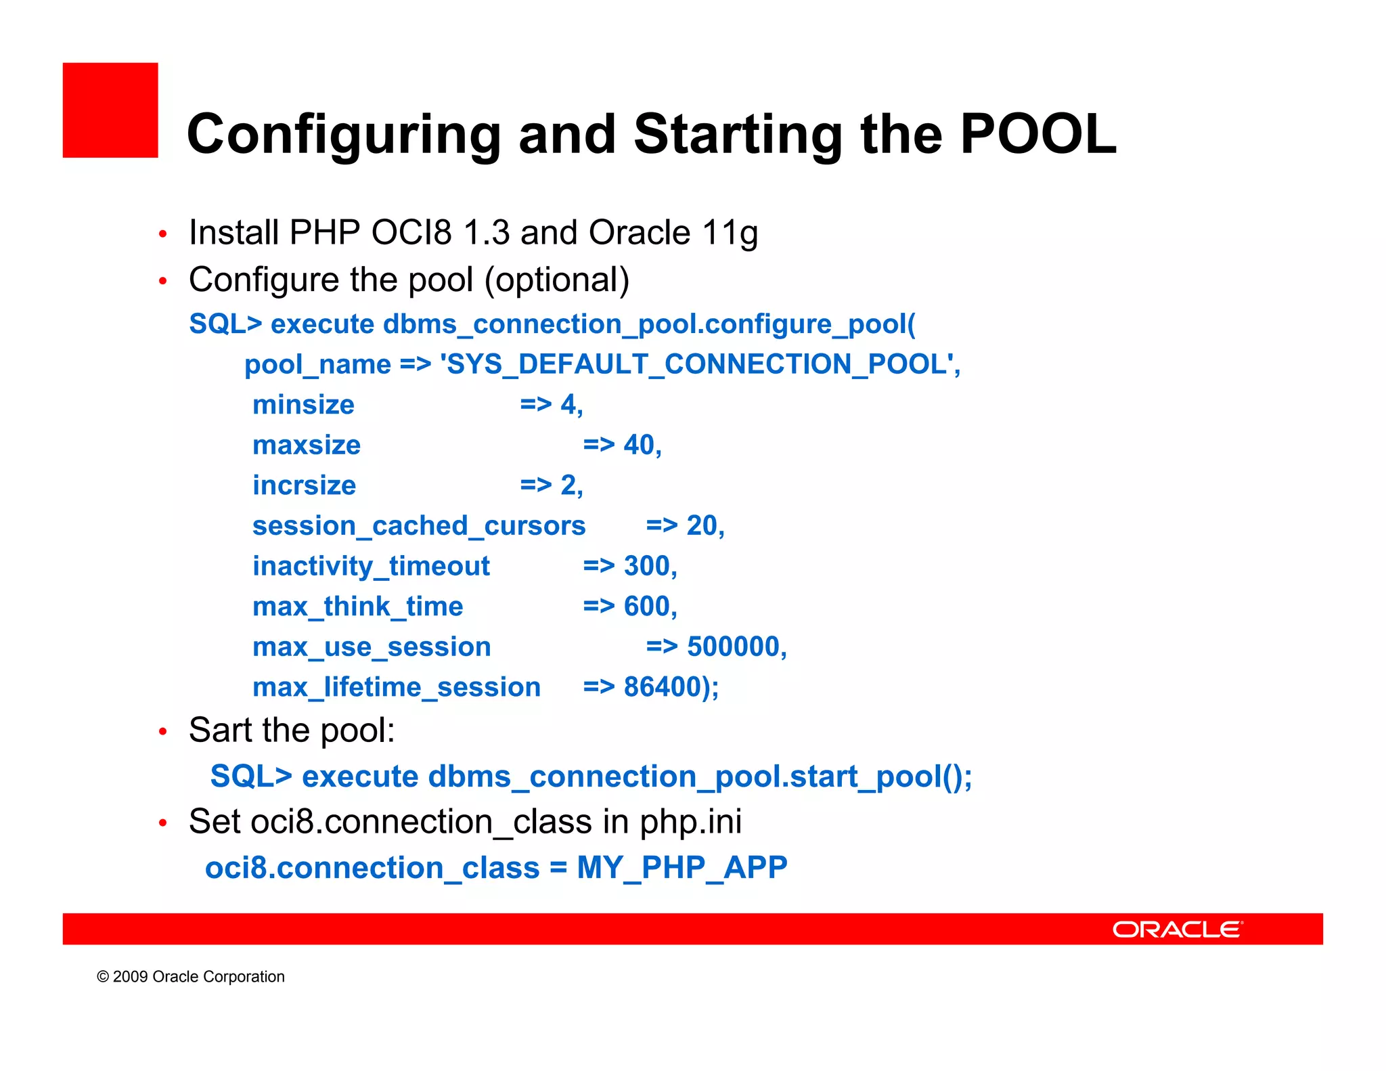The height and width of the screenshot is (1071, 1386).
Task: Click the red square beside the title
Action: pyautogui.click(x=110, y=110)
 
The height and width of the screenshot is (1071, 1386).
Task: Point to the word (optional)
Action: pyautogui.click(x=557, y=280)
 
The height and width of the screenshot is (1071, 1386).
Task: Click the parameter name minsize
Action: pyautogui.click(x=303, y=405)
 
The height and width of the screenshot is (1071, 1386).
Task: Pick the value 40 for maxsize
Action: pyautogui.click(x=638, y=445)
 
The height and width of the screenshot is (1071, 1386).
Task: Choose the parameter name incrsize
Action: pyautogui.click(x=304, y=485)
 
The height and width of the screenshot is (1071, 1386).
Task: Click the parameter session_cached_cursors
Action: pyautogui.click(x=419, y=526)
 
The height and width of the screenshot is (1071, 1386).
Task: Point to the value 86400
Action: pyautogui.click(x=662, y=687)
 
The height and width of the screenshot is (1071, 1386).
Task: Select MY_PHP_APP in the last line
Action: pyautogui.click(x=681, y=868)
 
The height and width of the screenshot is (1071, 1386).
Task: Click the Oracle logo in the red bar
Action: pyautogui.click(x=1177, y=930)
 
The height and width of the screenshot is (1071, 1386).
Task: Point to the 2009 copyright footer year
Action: pyautogui.click(x=130, y=977)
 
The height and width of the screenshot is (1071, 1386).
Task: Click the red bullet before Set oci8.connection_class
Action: pyautogui.click(x=162, y=823)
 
